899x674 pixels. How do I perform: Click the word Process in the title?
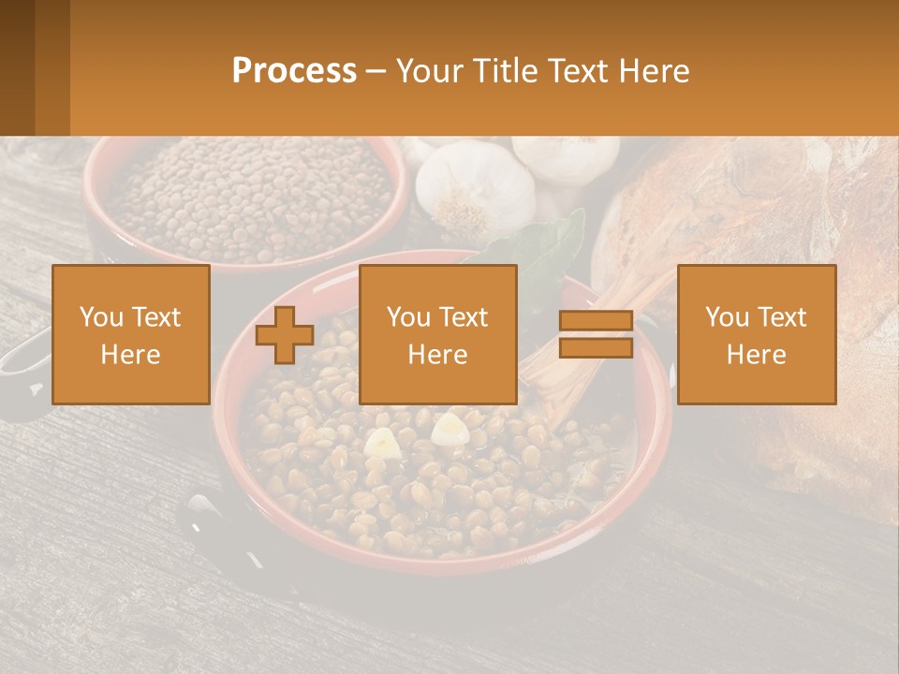[294, 71]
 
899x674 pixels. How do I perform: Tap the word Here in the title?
[654, 71]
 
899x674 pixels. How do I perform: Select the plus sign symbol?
[285, 335]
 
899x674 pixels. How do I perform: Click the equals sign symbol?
[596, 334]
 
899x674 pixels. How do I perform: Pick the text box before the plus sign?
[131, 334]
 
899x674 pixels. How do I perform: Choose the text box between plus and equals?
[438, 334]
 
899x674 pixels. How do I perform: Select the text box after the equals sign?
[757, 334]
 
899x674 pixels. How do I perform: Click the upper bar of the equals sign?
[596, 321]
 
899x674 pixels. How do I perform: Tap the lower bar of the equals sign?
[596, 348]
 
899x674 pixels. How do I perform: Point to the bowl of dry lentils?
[248, 197]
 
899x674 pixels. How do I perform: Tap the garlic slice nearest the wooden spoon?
[450, 428]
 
